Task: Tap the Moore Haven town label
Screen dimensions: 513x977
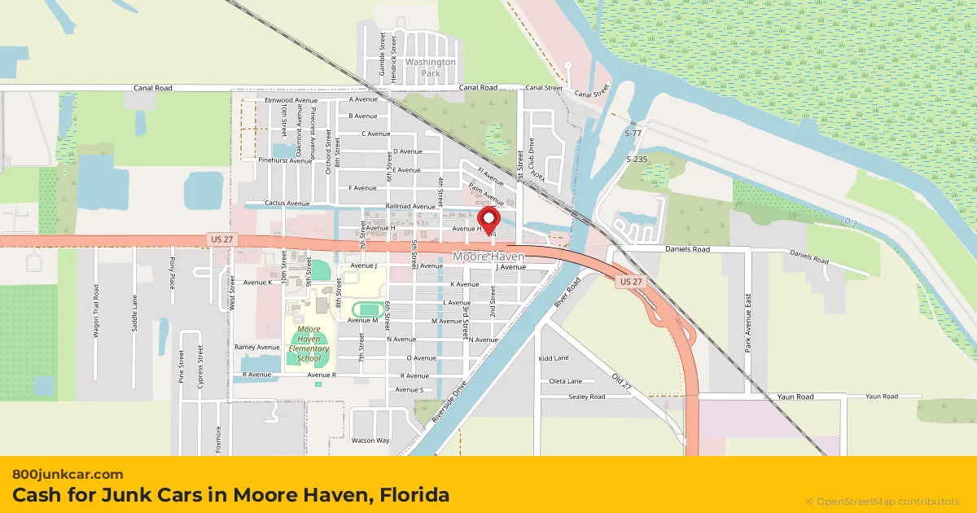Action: click(x=488, y=256)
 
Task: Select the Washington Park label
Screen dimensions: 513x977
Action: click(x=431, y=67)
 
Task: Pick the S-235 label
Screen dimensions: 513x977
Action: click(x=636, y=160)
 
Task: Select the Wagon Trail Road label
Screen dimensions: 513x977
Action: click(x=96, y=310)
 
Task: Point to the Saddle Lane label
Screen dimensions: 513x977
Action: click(x=134, y=313)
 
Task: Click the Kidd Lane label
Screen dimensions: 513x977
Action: click(x=554, y=358)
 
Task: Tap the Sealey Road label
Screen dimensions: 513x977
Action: click(x=587, y=397)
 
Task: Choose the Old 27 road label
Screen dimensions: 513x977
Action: click(x=621, y=384)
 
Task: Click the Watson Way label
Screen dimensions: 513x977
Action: click(x=370, y=441)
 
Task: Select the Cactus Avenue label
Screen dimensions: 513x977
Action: click(x=287, y=203)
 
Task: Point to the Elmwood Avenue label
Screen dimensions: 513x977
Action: click(x=291, y=100)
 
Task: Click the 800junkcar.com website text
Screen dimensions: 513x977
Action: click(x=68, y=474)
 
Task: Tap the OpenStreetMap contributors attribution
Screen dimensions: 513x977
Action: click(x=883, y=502)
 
